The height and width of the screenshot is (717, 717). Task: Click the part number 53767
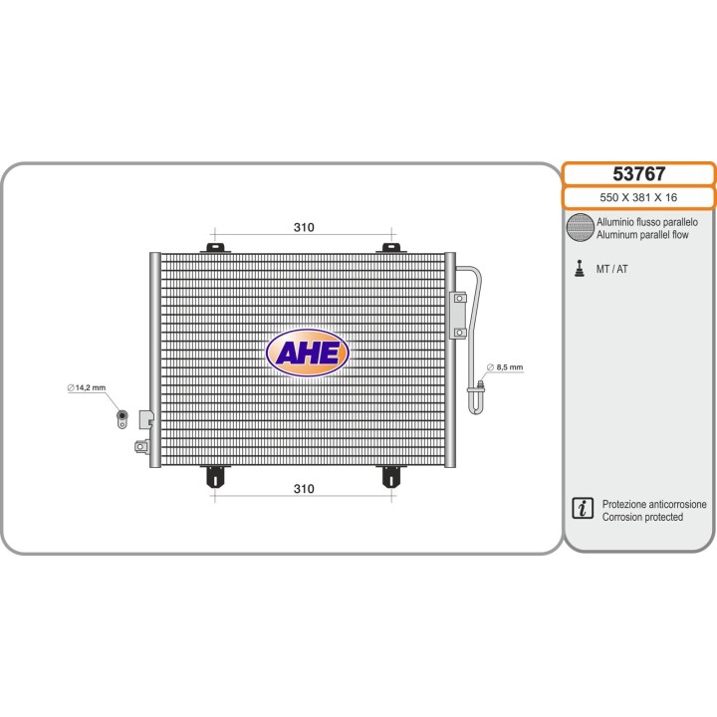point(638,173)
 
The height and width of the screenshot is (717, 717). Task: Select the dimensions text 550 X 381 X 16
point(638,197)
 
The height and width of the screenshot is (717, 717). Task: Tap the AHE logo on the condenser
point(308,353)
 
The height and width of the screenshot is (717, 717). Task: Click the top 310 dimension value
point(304,227)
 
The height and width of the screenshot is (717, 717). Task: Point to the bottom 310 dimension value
point(304,489)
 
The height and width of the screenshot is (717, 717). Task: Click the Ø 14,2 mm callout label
point(87,387)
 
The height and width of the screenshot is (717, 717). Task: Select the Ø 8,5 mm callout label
point(505,367)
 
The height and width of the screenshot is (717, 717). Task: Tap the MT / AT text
point(611,269)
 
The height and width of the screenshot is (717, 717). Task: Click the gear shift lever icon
point(580,269)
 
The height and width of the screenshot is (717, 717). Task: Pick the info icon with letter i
point(583,508)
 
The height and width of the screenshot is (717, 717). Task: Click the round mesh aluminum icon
point(580,227)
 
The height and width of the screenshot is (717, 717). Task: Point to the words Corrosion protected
point(642,517)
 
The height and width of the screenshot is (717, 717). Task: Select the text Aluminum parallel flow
point(642,235)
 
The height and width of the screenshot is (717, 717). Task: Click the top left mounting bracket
point(215,248)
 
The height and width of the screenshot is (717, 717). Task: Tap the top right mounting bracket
point(391,248)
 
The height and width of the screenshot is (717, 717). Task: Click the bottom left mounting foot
point(215,477)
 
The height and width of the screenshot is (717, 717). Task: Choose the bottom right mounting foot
point(391,477)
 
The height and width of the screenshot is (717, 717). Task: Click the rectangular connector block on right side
point(459,316)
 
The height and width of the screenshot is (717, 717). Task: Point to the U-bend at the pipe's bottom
point(476,402)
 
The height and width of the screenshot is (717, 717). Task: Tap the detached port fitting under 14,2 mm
point(122,419)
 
